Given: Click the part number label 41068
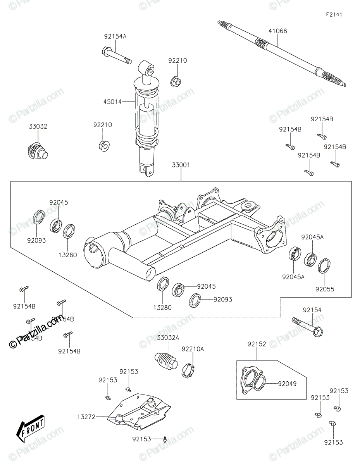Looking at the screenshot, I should point(278,31).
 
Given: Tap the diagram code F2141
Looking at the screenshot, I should point(334,15).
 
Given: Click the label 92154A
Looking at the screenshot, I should point(115,37).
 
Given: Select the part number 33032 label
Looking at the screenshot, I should point(38,126).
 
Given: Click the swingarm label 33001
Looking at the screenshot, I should point(181,165).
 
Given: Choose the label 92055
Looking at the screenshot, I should point(324,289).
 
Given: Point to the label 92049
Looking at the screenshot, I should point(287,384).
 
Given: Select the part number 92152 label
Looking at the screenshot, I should point(257,344).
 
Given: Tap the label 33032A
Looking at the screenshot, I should point(168,338).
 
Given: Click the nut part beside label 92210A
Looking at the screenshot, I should point(188,370).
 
